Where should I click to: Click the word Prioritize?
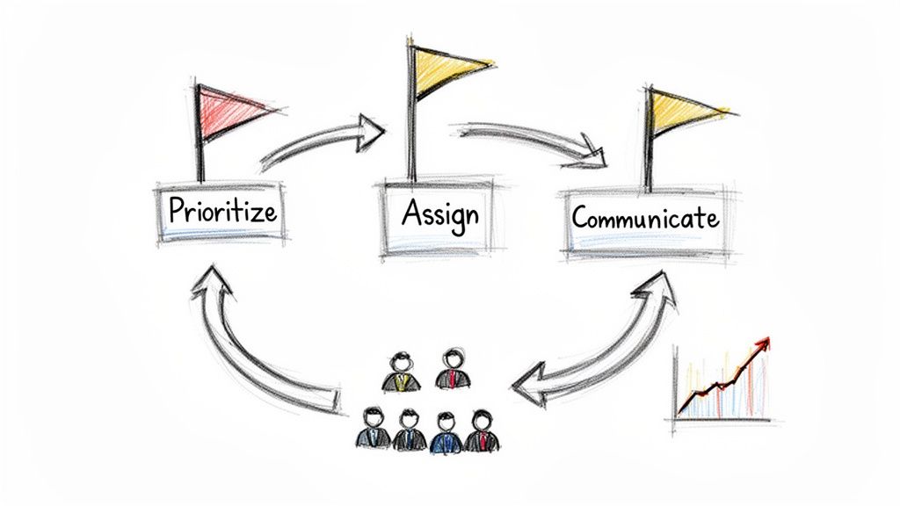[222, 211]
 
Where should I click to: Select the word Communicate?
[645, 216]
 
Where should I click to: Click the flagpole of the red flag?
[200, 141]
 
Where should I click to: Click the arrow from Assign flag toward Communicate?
[532, 141]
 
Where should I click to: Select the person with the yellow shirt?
[402, 372]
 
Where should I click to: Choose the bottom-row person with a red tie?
[481, 431]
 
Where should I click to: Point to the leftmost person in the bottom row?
[373, 429]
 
